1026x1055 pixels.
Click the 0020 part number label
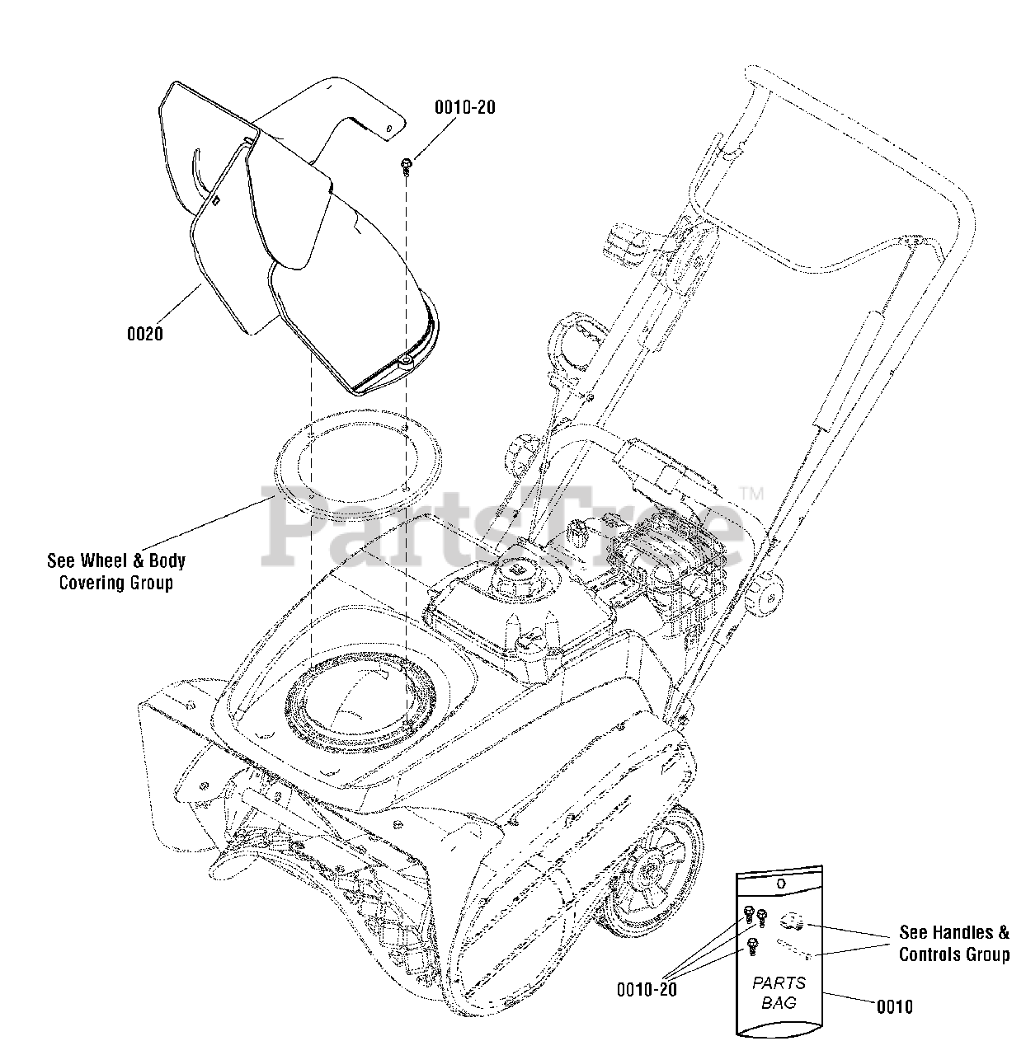tap(145, 334)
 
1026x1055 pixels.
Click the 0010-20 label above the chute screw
tap(465, 107)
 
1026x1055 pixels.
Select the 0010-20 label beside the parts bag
tap(647, 990)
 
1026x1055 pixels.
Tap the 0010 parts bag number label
tap(895, 1006)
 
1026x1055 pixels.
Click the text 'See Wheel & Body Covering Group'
tap(116, 571)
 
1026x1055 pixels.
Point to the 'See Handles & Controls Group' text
tap(954, 944)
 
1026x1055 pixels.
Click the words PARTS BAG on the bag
tap(779, 992)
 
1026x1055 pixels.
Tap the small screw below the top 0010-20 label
tap(406, 166)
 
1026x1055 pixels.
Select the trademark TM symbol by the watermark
tap(752, 494)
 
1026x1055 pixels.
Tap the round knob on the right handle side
tap(767, 597)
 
